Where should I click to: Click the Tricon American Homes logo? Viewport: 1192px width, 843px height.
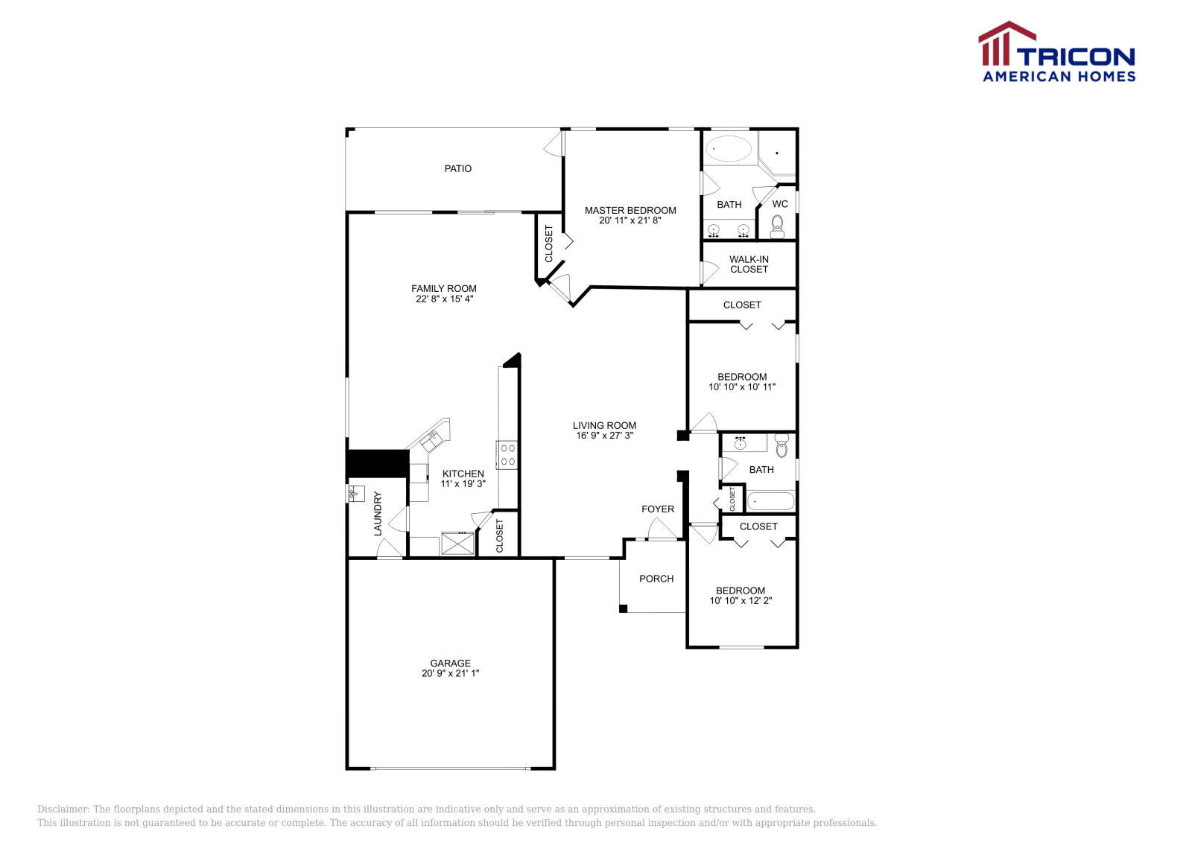point(1056,52)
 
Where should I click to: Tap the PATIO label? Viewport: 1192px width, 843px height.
point(457,169)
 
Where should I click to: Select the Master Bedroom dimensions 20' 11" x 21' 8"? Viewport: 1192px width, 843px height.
point(630,220)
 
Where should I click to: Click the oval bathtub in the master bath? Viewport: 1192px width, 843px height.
point(729,149)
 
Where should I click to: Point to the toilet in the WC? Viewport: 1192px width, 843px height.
point(778,225)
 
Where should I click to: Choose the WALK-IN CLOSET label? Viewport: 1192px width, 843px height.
point(749,264)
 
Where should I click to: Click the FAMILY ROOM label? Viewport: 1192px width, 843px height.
point(443,289)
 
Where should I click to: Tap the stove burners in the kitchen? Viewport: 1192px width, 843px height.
point(508,455)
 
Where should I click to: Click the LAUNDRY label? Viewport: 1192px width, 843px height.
point(378,513)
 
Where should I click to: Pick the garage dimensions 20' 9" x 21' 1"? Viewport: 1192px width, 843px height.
point(450,673)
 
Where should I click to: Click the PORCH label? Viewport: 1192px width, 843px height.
point(656,579)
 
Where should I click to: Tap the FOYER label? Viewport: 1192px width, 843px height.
point(658,509)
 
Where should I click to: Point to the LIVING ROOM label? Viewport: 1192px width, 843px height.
point(604,426)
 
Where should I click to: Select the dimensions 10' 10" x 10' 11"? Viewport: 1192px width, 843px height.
point(742,387)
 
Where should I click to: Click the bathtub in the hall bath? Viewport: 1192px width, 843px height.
point(771,501)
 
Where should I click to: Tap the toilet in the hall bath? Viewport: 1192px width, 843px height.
point(782,446)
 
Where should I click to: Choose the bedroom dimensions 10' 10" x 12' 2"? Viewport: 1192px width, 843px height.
point(741,601)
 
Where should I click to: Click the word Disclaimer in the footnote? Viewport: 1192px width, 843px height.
point(63,809)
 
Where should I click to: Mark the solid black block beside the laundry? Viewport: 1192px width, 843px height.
point(377,463)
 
